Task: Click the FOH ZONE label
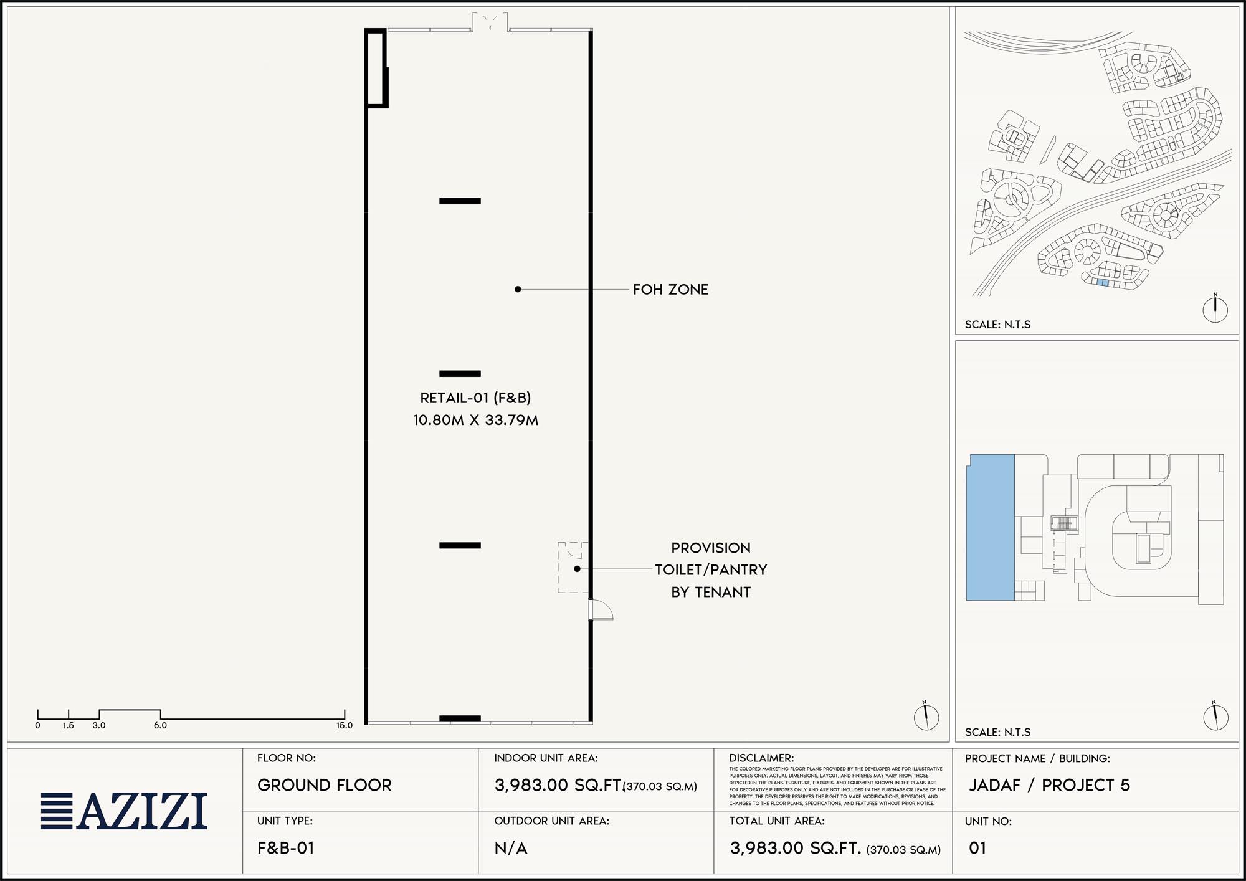click(x=670, y=290)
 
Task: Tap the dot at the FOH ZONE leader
click(x=518, y=289)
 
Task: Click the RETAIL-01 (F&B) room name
click(x=475, y=398)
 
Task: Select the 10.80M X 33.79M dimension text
click(x=475, y=420)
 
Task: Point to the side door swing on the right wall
click(x=601, y=610)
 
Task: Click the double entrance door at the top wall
click(x=490, y=22)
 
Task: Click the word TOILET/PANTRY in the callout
click(x=711, y=569)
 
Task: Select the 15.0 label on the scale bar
click(x=345, y=725)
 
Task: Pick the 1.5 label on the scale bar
click(x=69, y=725)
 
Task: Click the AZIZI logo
click(x=124, y=811)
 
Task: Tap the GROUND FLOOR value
click(x=325, y=785)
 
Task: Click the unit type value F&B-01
click(x=286, y=848)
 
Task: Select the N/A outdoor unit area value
click(x=511, y=848)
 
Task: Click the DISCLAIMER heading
click(x=761, y=758)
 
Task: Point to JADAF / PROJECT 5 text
click(x=1049, y=785)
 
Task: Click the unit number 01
click(x=977, y=848)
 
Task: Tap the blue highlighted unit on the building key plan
click(x=991, y=527)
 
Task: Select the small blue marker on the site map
click(x=1103, y=282)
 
